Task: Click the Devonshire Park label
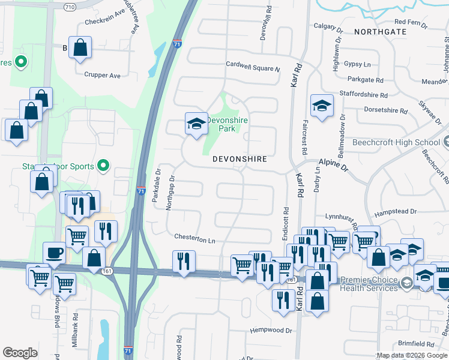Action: pyautogui.click(x=227, y=124)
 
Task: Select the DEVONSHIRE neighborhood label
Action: pyautogui.click(x=240, y=159)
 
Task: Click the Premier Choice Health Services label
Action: pyautogui.click(x=369, y=284)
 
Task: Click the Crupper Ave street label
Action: pyautogui.click(x=103, y=76)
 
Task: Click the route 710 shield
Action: pyautogui.click(x=70, y=7)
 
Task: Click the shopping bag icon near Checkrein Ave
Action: pyautogui.click(x=80, y=47)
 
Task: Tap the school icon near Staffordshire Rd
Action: pyautogui.click(x=322, y=106)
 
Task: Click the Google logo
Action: pyautogui.click(x=20, y=353)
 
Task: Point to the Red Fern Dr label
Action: pyautogui.click(x=408, y=25)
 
